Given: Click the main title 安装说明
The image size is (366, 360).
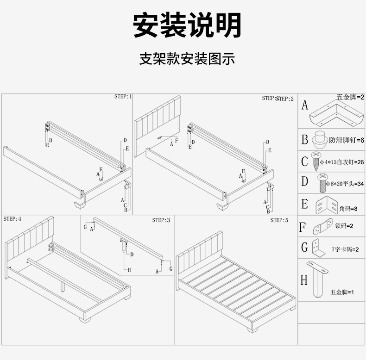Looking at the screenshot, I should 187,25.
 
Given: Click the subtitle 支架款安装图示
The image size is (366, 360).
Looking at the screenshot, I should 187,59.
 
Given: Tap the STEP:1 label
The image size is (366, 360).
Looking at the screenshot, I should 123,97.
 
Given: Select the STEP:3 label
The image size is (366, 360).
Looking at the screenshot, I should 161,220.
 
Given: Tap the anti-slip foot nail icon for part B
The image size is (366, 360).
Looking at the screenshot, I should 318,139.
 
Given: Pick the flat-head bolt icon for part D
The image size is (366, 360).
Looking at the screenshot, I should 320,183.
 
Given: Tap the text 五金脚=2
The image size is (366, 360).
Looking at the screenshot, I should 350,97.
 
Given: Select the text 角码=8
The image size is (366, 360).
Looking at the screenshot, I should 348,209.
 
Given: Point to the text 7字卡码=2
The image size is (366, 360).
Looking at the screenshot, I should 345,249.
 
